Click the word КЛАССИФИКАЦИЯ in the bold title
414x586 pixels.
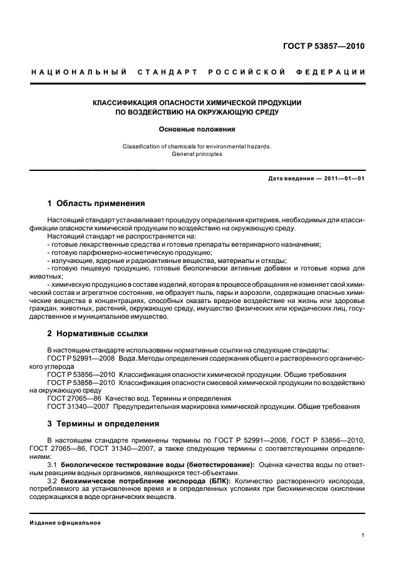tap(124, 102)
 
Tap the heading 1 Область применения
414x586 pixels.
tap(96, 203)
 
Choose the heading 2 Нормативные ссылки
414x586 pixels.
tap(97, 333)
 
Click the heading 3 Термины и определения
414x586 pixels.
tap(103, 423)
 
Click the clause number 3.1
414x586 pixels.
tap(52, 465)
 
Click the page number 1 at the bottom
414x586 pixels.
tap(363, 535)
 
